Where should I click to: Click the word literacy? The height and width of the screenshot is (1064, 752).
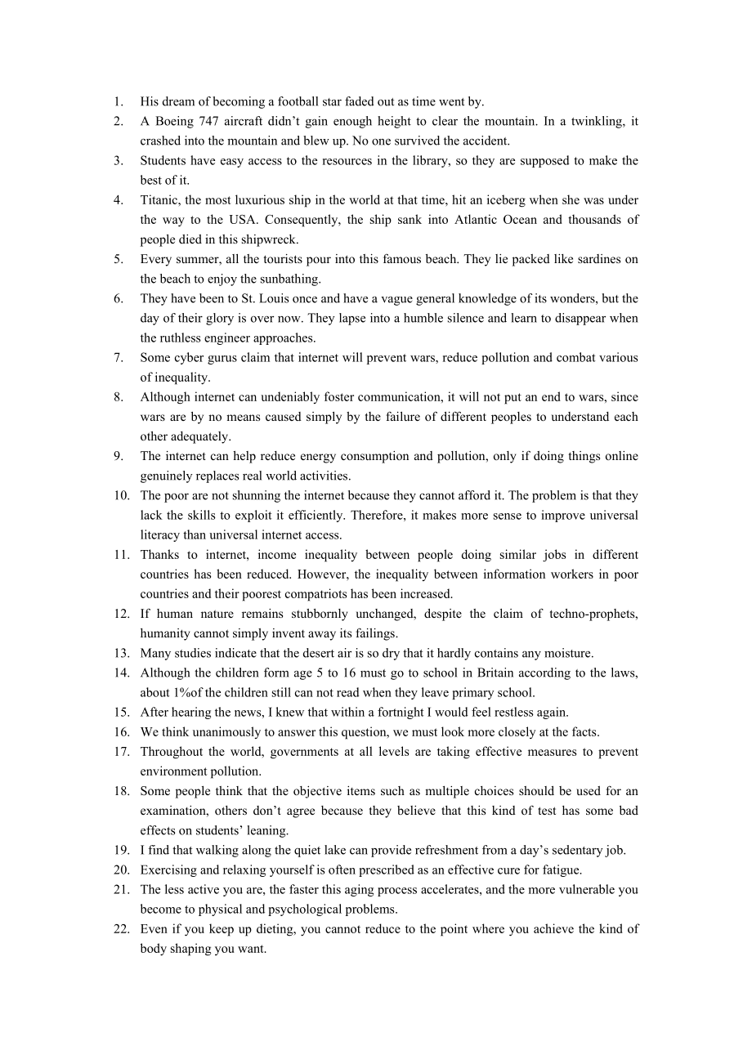point(161,535)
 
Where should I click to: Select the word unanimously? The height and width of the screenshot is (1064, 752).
point(226,732)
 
